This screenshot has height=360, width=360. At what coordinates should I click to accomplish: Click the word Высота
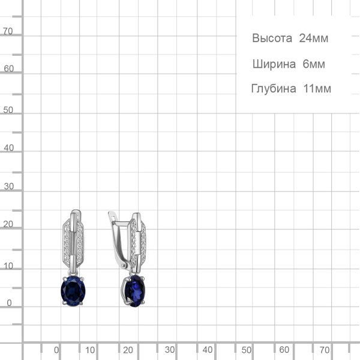[x=272, y=38]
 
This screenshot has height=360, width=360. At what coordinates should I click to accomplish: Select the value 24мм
[x=314, y=38]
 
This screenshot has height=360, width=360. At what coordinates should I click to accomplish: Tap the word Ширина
[x=274, y=64]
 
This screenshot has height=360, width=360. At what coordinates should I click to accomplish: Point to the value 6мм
[x=314, y=64]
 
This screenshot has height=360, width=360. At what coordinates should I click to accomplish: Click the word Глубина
[x=274, y=89]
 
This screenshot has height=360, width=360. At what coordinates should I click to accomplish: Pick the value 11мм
[x=317, y=89]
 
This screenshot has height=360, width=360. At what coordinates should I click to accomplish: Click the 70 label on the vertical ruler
[x=8, y=31]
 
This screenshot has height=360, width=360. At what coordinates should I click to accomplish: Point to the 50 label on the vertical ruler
[x=8, y=110]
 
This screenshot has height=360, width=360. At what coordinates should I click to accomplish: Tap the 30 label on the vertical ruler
[x=9, y=187]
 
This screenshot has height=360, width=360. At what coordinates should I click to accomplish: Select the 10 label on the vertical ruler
[x=8, y=266]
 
